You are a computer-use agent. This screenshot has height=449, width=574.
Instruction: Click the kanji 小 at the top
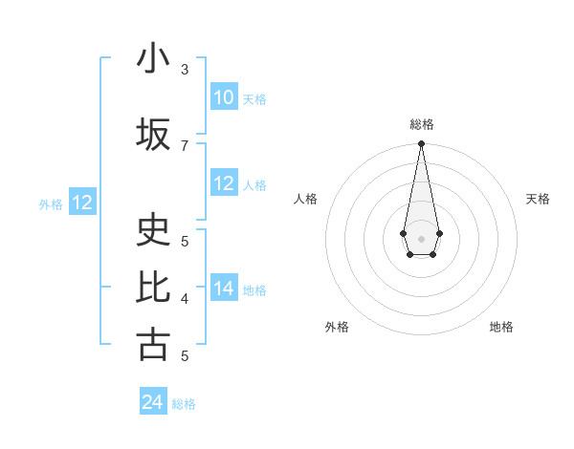click(x=153, y=59)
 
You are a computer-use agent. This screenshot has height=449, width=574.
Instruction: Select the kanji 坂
click(x=153, y=135)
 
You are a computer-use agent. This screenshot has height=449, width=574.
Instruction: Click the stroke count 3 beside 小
click(x=185, y=70)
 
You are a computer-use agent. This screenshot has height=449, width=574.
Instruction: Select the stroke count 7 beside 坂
click(x=185, y=145)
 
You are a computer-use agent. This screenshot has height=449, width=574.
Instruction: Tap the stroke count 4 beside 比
click(x=185, y=298)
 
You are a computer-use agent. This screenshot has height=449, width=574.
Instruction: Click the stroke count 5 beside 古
click(x=185, y=355)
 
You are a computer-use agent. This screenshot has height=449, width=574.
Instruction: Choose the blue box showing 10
click(x=224, y=97)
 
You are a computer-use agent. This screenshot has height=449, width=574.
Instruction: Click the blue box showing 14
click(x=224, y=289)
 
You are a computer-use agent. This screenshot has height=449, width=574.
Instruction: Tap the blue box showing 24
click(x=153, y=402)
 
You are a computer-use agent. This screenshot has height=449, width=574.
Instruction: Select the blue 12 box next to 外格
click(x=82, y=203)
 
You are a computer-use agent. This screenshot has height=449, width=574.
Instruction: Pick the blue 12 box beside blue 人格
click(x=224, y=183)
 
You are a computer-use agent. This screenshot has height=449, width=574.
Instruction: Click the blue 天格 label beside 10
click(x=254, y=98)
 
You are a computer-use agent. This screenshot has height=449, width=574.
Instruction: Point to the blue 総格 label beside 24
click(x=184, y=404)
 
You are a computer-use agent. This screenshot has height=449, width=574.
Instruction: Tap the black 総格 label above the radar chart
click(x=422, y=124)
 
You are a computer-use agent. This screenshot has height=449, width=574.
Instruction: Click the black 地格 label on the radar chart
click(x=501, y=327)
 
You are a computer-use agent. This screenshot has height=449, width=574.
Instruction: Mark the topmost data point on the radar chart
click(x=421, y=144)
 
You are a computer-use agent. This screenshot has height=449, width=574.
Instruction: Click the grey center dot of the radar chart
click(x=421, y=237)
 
